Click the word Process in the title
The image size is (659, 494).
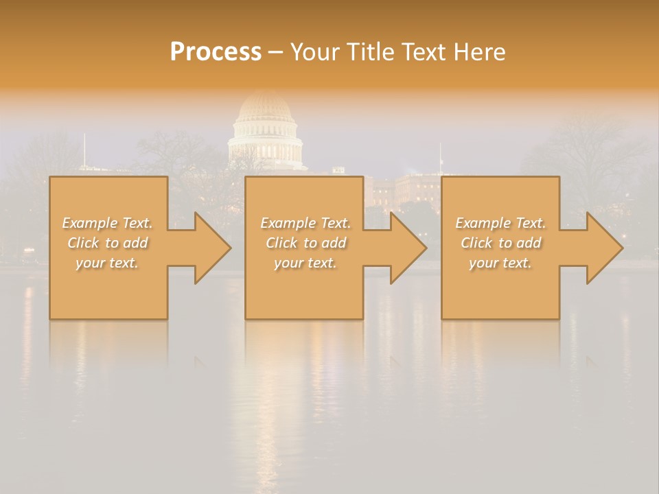tap(216, 52)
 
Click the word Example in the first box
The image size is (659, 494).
tap(90, 223)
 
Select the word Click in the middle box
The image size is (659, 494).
tap(281, 243)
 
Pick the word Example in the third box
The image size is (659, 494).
tap(483, 223)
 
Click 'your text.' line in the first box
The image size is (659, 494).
tap(108, 263)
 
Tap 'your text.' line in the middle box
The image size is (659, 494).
tap(305, 263)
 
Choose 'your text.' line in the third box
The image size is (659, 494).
tap(500, 263)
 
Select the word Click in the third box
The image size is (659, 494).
tap(476, 243)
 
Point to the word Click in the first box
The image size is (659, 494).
tap(83, 243)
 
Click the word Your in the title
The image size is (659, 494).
tap(314, 52)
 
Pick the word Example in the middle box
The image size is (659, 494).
tap(288, 223)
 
